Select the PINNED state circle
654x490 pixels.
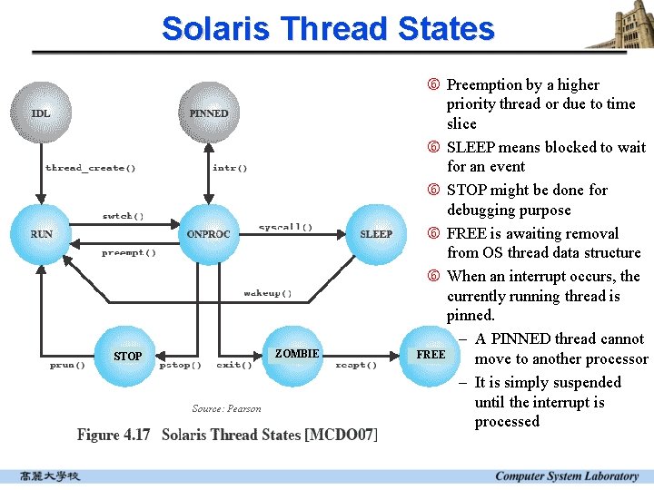coord(209,113)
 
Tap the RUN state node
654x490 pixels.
coord(42,234)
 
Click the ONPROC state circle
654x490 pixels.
coord(209,234)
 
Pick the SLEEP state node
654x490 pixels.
coord(376,234)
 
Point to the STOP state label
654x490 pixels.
coord(128,356)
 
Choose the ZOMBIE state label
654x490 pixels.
coord(297,353)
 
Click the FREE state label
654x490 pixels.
coord(431,354)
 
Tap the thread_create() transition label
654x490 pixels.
coord(91,168)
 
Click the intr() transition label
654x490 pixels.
coord(230,168)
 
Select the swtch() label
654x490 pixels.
coord(123,216)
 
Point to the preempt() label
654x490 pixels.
coord(128,253)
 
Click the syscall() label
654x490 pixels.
coord(285,227)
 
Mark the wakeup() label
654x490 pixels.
coord(268,293)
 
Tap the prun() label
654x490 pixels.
coord(67,365)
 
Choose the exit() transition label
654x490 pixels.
coord(234,365)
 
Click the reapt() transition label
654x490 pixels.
coord(356,365)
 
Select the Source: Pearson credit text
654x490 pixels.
coord(226,408)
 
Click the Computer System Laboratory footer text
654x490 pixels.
coord(567,476)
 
